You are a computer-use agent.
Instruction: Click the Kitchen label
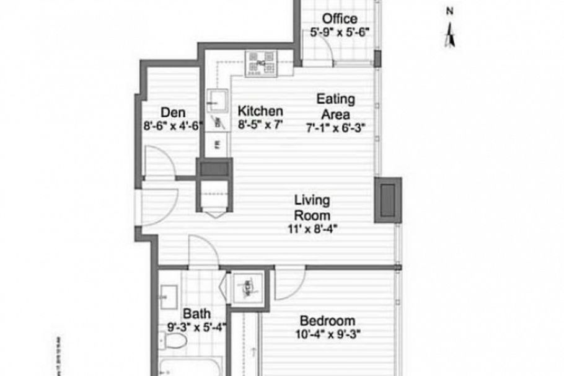[x=260, y=111]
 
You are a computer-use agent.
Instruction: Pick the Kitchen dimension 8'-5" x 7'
[x=260, y=124]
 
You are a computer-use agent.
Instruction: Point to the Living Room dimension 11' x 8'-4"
[x=312, y=228]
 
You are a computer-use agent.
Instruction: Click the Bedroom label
[x=327, y=321]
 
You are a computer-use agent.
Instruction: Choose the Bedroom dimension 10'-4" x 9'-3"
[x=327, y=334]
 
